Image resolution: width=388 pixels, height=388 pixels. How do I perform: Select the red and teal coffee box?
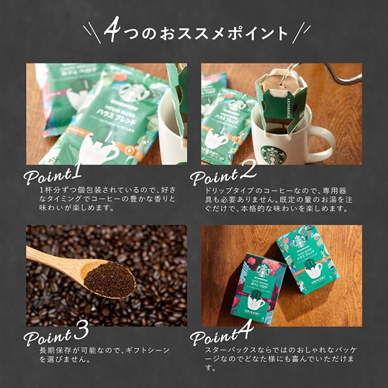click(x=257, y=288)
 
